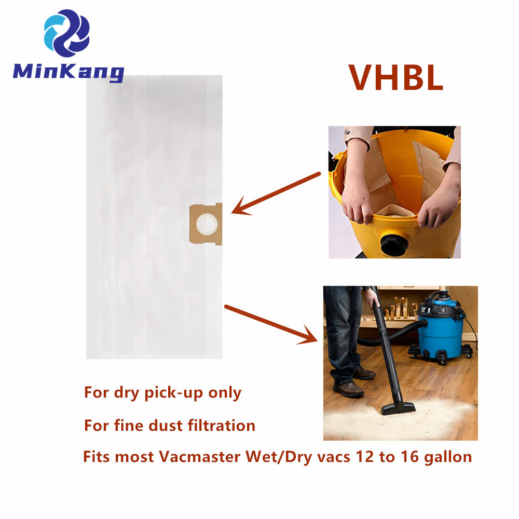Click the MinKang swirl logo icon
[67, 33]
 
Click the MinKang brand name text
[69, 72]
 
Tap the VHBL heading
[396, 77]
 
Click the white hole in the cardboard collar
[207, 224]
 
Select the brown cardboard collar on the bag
[206, 224]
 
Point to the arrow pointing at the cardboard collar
[276, 193]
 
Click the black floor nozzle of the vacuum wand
[398, 407]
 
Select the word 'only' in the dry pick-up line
[225, 393]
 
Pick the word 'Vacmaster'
[200, 457]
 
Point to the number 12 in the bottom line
[365, 457]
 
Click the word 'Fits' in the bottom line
[97, 457]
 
